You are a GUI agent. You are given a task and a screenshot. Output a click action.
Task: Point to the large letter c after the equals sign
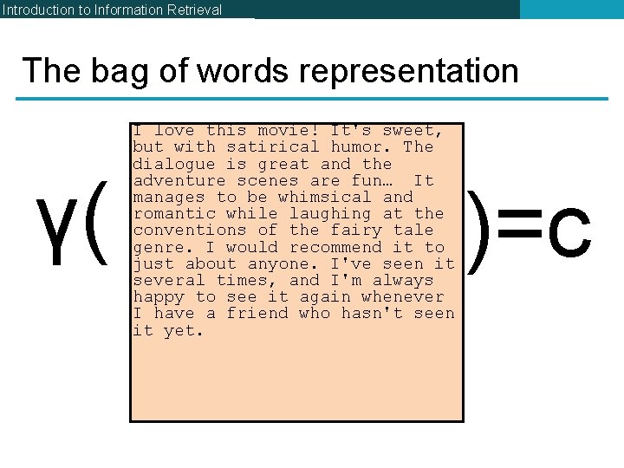click(x=569, y=234)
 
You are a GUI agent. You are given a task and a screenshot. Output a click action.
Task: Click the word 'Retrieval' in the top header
click(x=192, y=10)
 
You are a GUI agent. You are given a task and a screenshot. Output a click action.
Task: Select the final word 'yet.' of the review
click(x=184, y=330)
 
